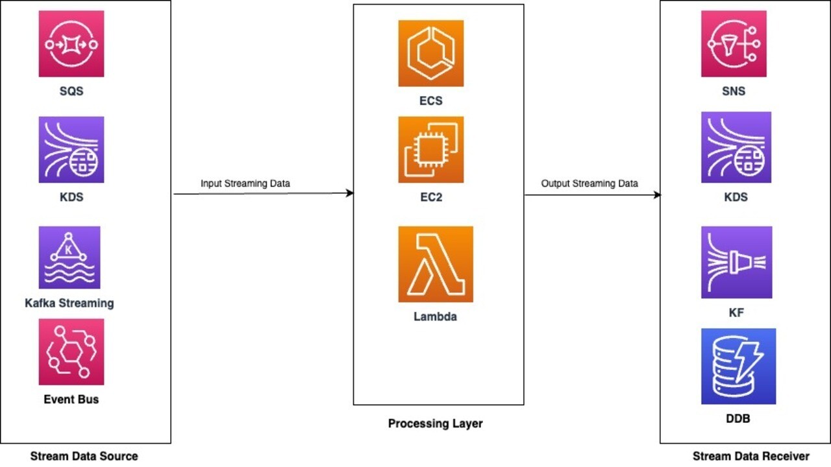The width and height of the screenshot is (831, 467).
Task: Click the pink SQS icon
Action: [x=71, y=43]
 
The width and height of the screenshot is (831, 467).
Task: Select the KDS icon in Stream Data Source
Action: [x=71, y=150]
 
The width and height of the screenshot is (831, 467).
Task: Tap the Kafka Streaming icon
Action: [x=69, y=257]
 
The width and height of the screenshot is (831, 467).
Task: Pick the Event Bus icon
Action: [x=71, y=352]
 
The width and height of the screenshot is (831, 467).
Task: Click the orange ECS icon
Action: [x=431, y=53]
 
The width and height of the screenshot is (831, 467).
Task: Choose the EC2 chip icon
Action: [x=431, y=150]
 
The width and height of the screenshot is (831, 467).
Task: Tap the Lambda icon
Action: [x=436, y=264]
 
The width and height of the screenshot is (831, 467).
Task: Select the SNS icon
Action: [x=734, y=43]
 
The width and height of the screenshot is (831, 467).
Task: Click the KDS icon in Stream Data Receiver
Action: [x=736, y=147]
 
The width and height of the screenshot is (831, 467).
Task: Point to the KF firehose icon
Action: [x=736, y=262]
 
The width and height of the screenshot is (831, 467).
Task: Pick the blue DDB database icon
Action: [x=738, y=366]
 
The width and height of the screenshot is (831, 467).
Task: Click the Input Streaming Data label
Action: [x=245, y=184]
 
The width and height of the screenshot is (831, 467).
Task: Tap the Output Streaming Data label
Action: [x=589, y=184]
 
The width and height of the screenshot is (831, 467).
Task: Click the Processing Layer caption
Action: [x=436, y=424]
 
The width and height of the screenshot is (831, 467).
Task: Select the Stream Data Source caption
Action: [x=84, y=456]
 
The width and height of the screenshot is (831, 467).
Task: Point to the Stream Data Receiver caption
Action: [x=751, y=456]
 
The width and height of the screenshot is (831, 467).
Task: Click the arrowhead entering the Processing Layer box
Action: [x=350, y=193]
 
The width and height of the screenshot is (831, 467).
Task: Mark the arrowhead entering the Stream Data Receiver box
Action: [x=657, y=195]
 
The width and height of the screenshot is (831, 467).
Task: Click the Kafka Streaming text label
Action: [x=69, y=303]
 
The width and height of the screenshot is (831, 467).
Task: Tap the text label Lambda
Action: [x=436, y=317]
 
